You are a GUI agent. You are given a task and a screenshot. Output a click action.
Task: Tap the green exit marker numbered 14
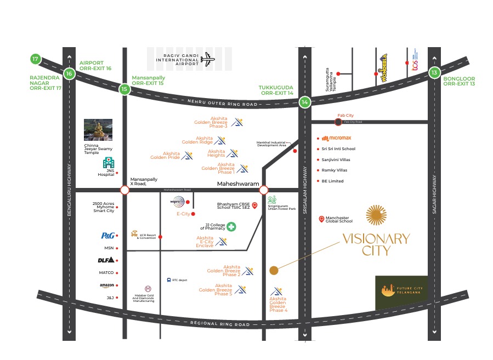305,102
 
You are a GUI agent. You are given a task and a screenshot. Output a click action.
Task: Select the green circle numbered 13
434,72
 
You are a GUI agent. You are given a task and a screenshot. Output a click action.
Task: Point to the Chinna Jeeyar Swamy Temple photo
98,130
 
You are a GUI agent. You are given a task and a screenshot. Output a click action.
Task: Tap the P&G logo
107,236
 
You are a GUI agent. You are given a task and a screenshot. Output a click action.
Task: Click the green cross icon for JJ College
232,227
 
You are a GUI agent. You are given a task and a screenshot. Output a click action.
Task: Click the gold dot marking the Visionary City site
274,270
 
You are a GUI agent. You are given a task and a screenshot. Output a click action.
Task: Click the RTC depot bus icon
169,280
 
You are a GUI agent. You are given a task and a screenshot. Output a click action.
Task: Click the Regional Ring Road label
219,324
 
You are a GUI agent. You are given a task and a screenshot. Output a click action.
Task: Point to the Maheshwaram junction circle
264,190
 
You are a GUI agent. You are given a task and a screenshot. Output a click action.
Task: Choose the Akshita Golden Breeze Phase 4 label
278,305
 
